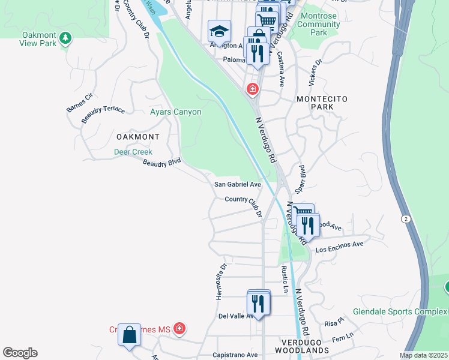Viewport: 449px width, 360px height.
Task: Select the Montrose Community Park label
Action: point(318,25)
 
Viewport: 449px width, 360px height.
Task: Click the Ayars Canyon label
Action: point(175,112)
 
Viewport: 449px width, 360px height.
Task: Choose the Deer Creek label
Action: point(133,152)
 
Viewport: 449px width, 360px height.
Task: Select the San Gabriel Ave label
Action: point(238,184)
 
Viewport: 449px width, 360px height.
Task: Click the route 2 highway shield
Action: point(406,219)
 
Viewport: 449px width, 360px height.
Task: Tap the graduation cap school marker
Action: point(220,30)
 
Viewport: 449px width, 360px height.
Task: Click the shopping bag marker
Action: point(130,335)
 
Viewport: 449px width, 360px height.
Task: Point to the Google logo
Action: point(20,353)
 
